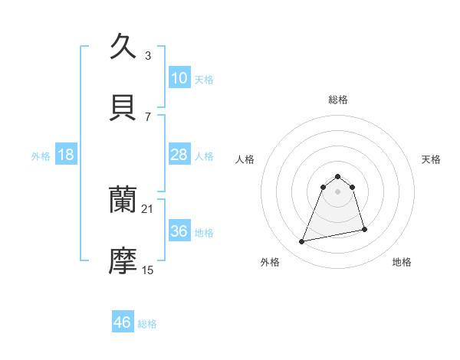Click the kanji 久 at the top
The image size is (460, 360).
click(123, 46)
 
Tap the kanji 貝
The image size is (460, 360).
click(123, 106)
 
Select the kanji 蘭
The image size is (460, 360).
click(123, 199)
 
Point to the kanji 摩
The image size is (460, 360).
click(123, 260)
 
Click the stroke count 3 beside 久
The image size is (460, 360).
click(148, 55)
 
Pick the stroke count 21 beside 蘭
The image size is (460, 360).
click(149, 208)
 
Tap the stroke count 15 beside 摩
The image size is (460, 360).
click(148, 270)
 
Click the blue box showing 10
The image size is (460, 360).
click(179, 78)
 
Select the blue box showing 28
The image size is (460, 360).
click(179, 155)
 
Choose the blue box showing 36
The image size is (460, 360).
click(179, 231)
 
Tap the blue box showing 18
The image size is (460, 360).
click(66, 155)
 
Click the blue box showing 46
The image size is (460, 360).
click(123, 322)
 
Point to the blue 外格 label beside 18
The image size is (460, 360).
click(41, 156)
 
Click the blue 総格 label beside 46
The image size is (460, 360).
click(147, 324)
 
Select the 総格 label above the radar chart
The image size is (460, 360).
click(337, 100)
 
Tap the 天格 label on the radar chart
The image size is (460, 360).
click(432, 159)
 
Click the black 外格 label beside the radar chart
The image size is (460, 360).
click(270, 262)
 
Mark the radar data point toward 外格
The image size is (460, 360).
click(302, 242)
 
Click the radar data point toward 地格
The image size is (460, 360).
click(364, 229)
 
